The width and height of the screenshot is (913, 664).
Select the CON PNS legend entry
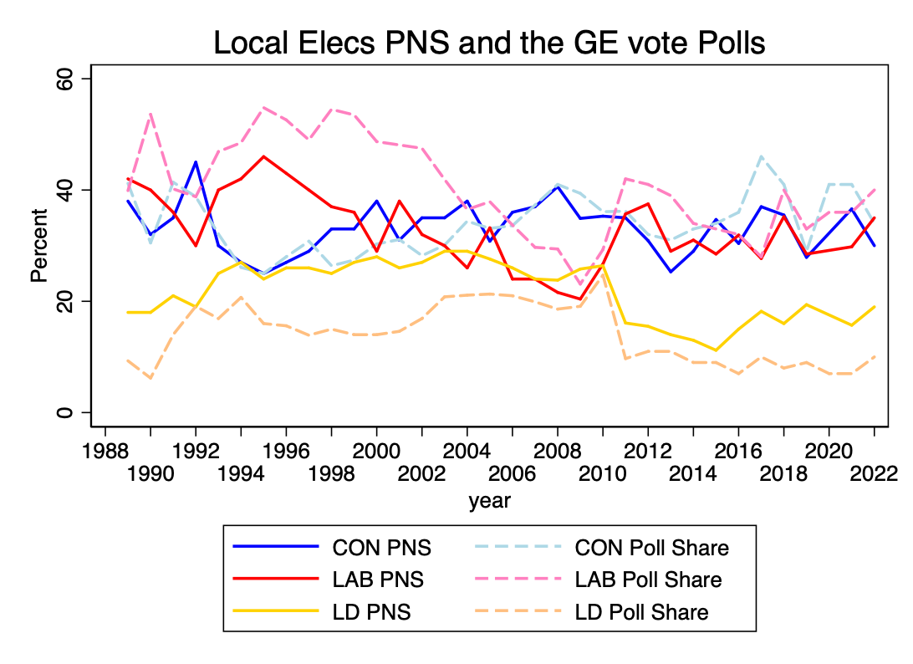[382, 548]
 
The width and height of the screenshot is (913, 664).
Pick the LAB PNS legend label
[378, 580]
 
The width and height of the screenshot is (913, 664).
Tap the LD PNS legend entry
[371, 612]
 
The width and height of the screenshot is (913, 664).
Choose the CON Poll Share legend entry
[651, 548]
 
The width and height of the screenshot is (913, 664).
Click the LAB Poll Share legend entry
[648, 580]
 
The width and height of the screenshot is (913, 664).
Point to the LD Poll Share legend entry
[641, 612]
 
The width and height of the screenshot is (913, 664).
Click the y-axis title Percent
[39, 245]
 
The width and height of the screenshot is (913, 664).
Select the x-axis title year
[489, 501]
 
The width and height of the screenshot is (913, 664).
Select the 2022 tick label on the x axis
[874, 474]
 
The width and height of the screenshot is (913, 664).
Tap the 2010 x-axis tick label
[602, 474]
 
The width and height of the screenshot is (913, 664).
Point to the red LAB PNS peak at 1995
[263, 156]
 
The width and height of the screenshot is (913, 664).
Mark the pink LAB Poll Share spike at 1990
[150, 114]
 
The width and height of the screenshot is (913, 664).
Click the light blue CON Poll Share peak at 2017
[761, 156]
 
